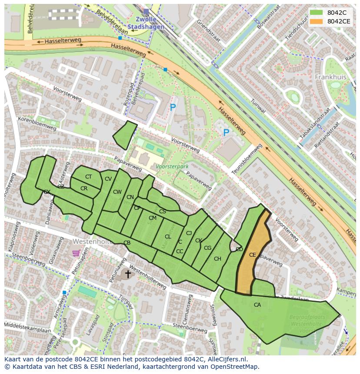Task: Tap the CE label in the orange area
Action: coord(252,255)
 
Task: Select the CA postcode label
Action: coord(257,305)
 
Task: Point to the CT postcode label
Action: coord(88,177)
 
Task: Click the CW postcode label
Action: coord(117,192)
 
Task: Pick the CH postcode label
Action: coord(217,259)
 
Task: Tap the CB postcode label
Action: coord(127,243)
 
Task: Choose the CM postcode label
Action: coord(152,218)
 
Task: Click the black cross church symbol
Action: coord(128,274)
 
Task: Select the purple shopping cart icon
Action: coord(76,253)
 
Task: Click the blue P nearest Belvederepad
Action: coord(173,107)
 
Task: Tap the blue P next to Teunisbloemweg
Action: coord(226,132)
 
